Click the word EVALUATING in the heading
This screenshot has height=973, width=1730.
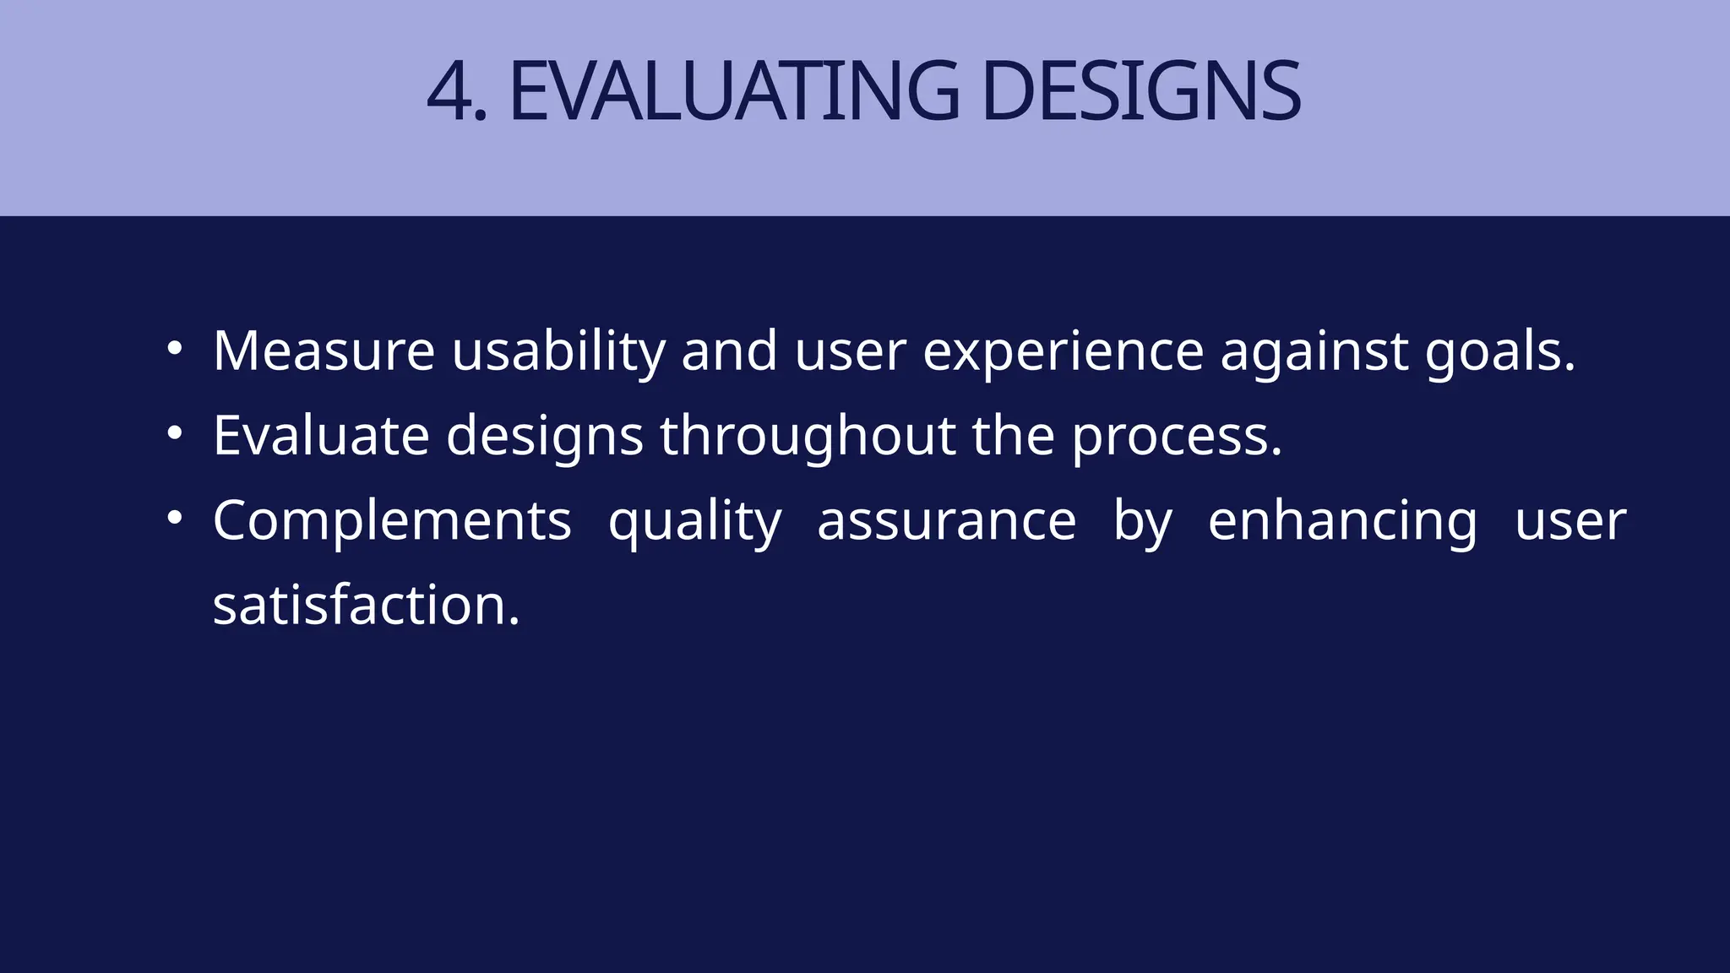[x=733, y=92]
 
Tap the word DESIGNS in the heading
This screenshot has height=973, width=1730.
[x=1140, y=92]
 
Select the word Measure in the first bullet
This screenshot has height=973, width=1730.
[x=324, y=351]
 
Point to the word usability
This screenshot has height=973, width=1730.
[x=558, y=352]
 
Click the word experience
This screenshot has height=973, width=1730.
[x=1063, y=352]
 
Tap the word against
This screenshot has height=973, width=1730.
[x=1314, y=352]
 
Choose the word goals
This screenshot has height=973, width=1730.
[x=1500, y=352]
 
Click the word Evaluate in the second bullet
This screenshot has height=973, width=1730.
[x=321, y=436]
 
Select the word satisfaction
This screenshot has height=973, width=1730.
[x=366, y=606]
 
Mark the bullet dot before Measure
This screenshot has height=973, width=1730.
[x=174, y=348]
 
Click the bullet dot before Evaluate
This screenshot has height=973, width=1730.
[x=174, y=433]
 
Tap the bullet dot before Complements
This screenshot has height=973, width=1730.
[x=174, y=519]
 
